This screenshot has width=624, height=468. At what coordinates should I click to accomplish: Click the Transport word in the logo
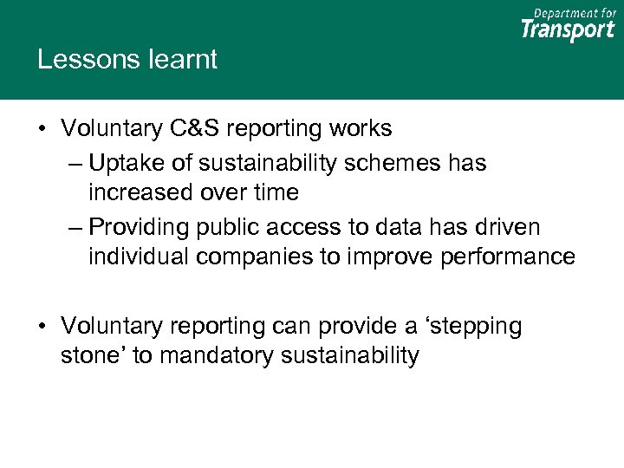(x=568, y=29)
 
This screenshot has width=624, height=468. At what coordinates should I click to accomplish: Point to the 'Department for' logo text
(x=575, y=12)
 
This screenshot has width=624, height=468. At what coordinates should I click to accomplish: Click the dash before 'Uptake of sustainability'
(x=75, y=163)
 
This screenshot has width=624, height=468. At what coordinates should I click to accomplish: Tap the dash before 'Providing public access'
(x=75, y=227)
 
